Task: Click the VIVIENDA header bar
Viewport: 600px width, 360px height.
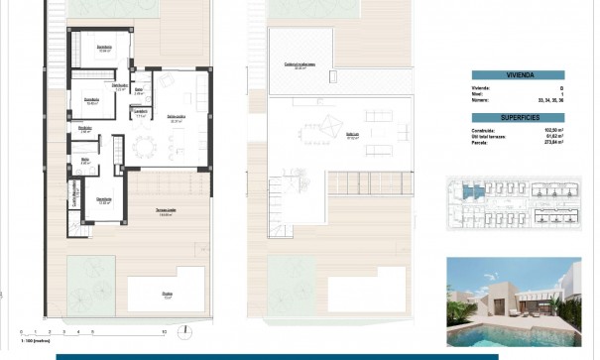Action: tap(517, 73)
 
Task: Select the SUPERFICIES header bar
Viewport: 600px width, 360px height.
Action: tap(517, 117)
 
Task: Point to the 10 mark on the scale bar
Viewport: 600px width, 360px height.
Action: tap(163, 331)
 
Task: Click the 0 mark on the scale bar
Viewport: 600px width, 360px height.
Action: tap(19, 331)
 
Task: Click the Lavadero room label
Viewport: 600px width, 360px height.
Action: tap(141, 112)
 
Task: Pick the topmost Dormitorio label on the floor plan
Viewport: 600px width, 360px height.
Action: tap(103, 47)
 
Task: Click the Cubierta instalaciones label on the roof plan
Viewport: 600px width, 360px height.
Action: tap(300, 65)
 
